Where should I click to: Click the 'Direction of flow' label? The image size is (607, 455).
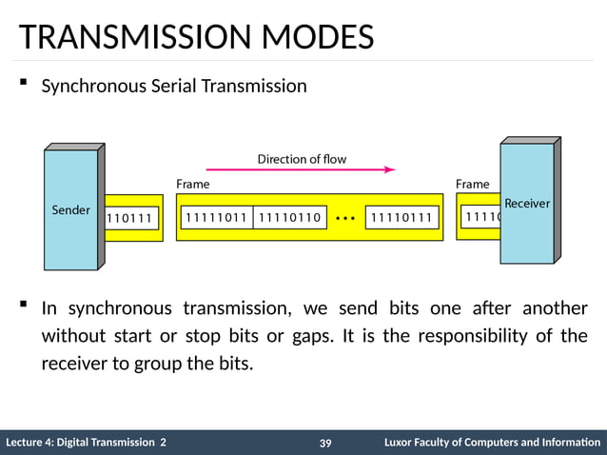pyautogui.click(x=302, y=159)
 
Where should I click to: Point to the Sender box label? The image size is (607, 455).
pyautogui.click(x=70, y=209)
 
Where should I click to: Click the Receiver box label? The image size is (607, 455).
pyautogui.click(x=526, y=204)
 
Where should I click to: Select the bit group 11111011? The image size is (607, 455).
pyautogui.click(x=216, y=218)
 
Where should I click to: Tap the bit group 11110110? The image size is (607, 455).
pyautogui.click(x=290, y=218)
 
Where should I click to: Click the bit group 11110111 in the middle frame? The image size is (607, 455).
pyautogui.click(x=401, y=218)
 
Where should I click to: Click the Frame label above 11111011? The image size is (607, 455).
pyautogui.click(x=193, y=184)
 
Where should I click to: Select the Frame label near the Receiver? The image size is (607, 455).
pyautogui.click(x=472, y=184)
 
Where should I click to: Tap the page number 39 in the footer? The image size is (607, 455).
pyautogui.click(x=325, y=444)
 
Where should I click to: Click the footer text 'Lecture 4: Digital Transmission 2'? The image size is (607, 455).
pyautogui.click(x=86, y=443)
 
